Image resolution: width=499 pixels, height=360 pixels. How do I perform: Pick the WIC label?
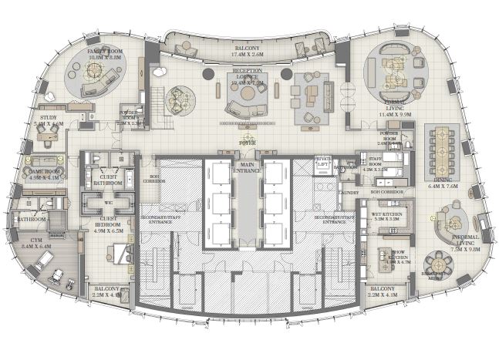[107, 203]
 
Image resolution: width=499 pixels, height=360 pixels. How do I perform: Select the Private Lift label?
[322, 161]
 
